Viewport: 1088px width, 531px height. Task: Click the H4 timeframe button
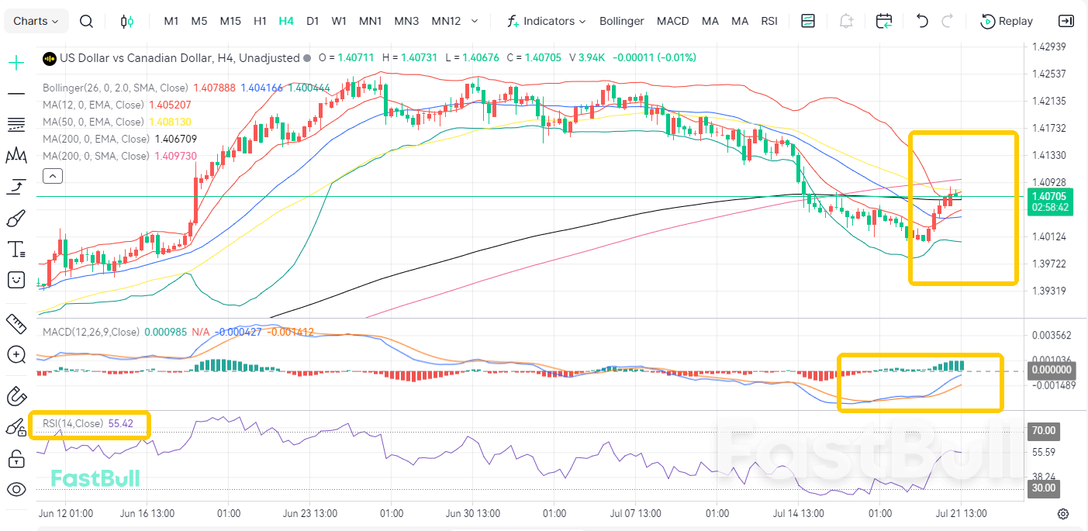click(x=286, y=21)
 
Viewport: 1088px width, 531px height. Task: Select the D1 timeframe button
click(x=313, y=21)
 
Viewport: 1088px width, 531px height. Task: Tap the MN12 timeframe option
click(x=446, y=21)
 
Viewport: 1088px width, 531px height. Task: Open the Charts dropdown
click(x=36, y=21)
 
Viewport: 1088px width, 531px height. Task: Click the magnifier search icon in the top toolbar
click(x=86, y=22)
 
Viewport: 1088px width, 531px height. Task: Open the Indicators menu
click(x=547, y=21)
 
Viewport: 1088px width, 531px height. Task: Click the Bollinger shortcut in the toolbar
click(x=621, y=21)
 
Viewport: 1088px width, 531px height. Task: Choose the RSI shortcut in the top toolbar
click(x=769, y=21)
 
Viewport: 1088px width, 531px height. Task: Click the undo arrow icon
click(x=921, y=21)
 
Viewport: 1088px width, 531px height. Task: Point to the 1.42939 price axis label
click(x=1049, y=47)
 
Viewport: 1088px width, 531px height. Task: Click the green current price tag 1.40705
click(x=1050, y=202)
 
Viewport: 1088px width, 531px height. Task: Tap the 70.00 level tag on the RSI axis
click(x=1043, y=430)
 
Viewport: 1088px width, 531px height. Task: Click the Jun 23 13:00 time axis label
click(x=310, y=513)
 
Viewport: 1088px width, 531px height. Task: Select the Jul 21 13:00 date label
click(x=961, y=513)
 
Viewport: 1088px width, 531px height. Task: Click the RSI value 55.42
click(x=120, y=423)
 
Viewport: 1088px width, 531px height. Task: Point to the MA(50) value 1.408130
click(x=170, y=122)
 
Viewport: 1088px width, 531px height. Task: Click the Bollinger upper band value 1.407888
click(x=214, y=88)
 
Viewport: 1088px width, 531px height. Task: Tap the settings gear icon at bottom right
click(x=1063, y=513)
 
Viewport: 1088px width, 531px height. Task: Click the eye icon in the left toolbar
click(x=16, y=489)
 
